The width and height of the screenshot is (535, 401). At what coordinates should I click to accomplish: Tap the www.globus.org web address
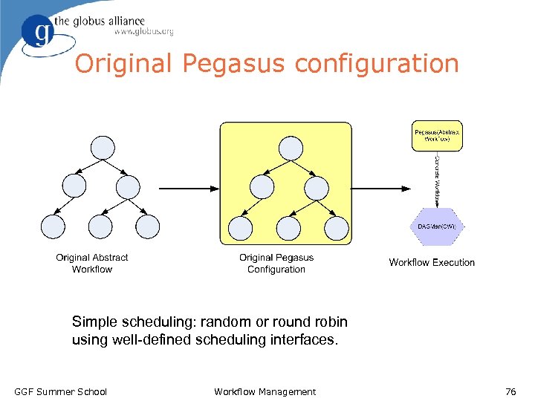coord(144,32)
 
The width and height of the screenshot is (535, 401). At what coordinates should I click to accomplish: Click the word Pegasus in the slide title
coord(236,64)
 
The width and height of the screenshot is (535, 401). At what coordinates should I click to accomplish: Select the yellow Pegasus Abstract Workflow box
coord(436,136)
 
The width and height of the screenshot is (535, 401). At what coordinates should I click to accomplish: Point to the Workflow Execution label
coord(432,262)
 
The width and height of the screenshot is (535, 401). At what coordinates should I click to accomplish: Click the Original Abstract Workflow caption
coord(92,264)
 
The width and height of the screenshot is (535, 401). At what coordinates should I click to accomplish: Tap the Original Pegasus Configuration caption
coord(276,264)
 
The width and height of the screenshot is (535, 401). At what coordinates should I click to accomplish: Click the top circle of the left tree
coord(102,148)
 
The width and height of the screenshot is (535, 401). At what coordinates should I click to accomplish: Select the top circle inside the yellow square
coord(285,148)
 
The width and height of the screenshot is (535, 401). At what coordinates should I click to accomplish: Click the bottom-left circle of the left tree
coord(53,226)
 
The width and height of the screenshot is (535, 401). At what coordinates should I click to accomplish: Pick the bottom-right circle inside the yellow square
coord(336,226)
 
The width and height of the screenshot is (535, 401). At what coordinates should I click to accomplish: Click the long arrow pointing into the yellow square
coord(189,187)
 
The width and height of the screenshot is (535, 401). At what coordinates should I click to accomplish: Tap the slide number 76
coord(510,391)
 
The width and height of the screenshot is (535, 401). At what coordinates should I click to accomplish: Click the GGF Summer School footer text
coord(61,391)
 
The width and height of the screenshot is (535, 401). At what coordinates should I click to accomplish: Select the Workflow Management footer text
coord(265,391)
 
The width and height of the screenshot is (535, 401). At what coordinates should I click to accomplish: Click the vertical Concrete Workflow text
coord(437,178)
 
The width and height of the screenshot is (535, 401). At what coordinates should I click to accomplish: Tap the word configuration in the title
coord(377,64)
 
